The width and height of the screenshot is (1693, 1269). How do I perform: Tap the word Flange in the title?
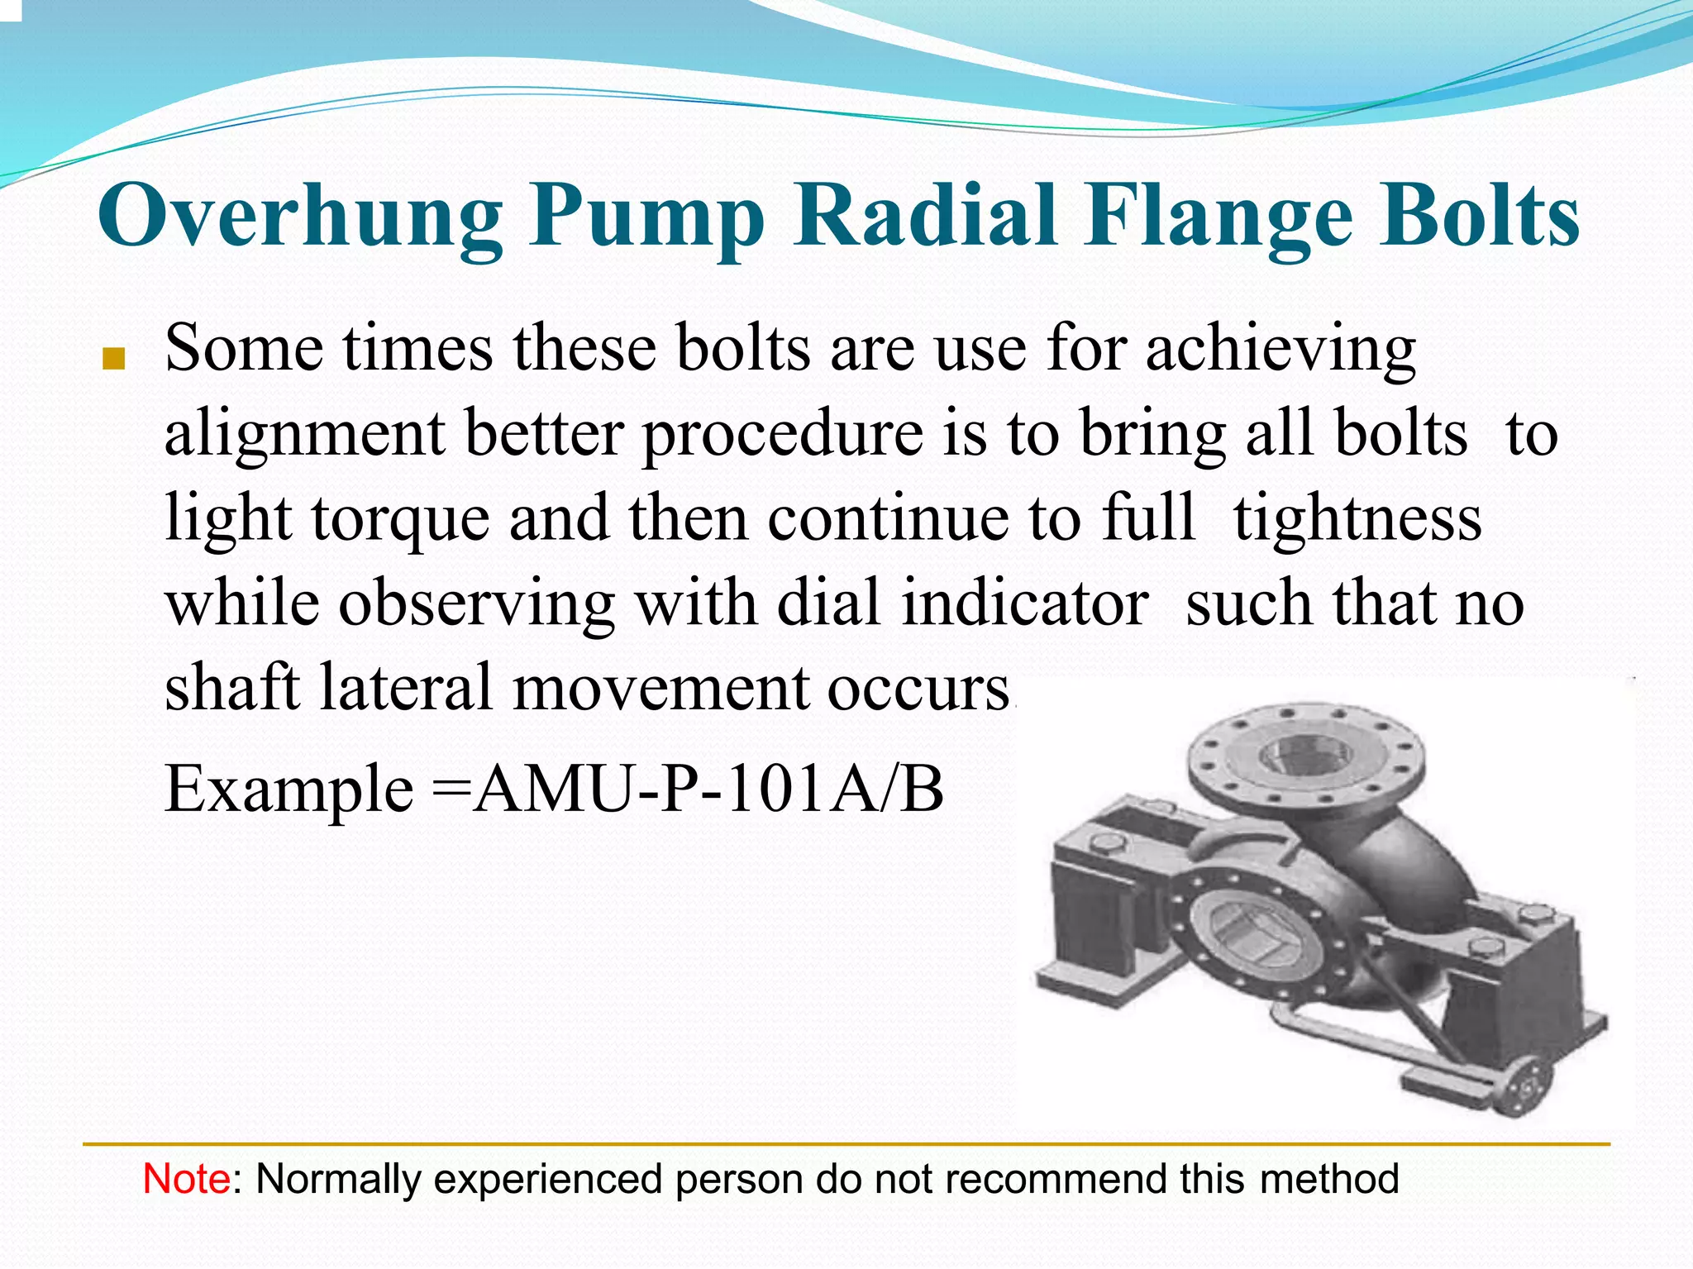point(1219,217)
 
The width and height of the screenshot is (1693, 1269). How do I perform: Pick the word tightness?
point(1357,519)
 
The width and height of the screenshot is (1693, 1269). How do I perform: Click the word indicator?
point(1024,603)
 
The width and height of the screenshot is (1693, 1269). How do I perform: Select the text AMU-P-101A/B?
point(709,790)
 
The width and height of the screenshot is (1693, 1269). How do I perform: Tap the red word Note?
point(187,1179)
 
